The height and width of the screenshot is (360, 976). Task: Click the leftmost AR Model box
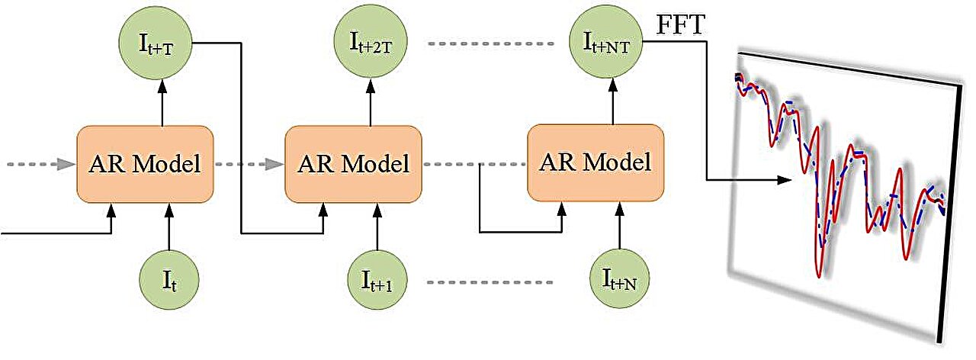[145, 164]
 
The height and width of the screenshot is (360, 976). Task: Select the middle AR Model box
[353, 164]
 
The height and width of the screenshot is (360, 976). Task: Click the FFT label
[680, 25]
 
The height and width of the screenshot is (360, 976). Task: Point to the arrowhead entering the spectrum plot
[784, 181]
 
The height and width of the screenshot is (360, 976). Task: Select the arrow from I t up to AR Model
[169, 226]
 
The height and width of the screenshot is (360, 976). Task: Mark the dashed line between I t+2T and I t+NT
[491, 43]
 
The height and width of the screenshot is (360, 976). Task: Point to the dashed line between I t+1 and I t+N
[491, 282]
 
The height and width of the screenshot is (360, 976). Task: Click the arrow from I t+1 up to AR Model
[377, 226]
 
